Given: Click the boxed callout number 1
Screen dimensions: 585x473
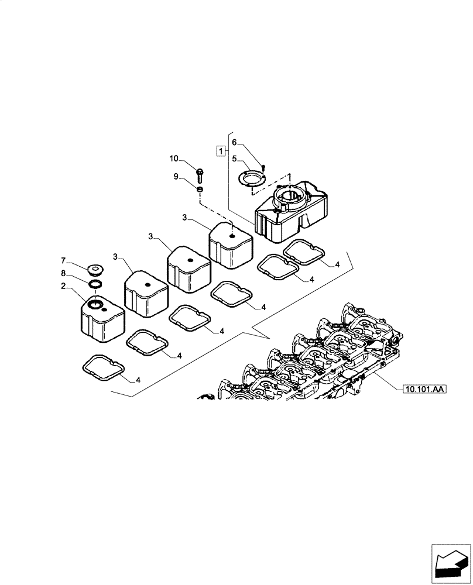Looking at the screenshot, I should (x=221, y=151).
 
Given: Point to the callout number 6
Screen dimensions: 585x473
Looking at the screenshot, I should (x=234, y=142).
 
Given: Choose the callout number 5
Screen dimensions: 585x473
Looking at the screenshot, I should (x=234, y=158).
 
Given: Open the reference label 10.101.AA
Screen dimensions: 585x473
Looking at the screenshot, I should (x=424, y=388).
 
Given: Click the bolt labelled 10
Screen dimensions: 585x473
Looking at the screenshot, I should (x=200, y=173).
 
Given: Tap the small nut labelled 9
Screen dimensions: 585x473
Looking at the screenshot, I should (x=200, y=190).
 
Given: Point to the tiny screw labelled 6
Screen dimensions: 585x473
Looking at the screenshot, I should (x=263, y=167).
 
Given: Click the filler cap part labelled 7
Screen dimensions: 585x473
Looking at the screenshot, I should (x=94, y=270).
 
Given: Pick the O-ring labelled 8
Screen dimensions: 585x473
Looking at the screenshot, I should (x=94, y=284).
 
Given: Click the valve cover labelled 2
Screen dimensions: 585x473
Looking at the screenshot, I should (x=102, y=320).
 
